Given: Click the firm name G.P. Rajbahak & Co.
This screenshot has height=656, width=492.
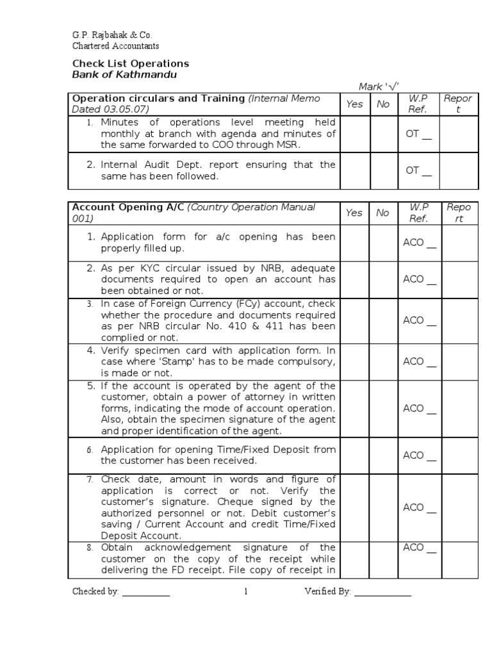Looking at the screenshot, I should coord(112,35).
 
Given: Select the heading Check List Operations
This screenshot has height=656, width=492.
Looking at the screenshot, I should coord(130,63).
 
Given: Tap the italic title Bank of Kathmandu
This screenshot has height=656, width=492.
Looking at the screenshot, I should coord(124,75).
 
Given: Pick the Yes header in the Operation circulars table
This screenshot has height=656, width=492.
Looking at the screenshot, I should coord(354,104).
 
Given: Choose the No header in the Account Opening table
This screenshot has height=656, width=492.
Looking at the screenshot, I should coord(383,213).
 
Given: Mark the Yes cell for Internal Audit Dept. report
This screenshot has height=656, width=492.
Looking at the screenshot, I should coord(354,171).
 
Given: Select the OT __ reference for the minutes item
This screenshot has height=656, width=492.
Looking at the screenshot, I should coord(418,135).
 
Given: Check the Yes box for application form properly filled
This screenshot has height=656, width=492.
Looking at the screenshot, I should coord(354,243).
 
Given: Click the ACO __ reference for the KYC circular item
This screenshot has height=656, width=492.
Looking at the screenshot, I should coord(420,279).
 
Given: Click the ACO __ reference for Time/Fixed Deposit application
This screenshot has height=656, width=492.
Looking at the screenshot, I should coord(420,455).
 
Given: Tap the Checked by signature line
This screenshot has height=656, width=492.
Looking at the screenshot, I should coord(146,593).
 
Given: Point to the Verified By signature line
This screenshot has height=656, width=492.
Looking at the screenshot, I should coord(382,593).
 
